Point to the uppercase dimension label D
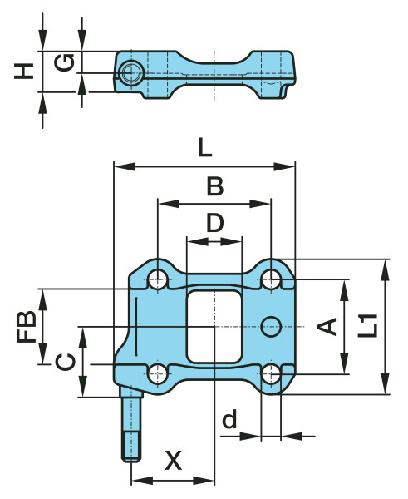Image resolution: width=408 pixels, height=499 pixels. [214, 223]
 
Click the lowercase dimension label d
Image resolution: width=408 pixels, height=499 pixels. [230, 421]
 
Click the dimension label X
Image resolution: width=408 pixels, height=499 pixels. [173, 460]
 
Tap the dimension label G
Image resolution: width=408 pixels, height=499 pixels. [64, 62]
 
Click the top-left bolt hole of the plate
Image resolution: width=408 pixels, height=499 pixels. [157, 279]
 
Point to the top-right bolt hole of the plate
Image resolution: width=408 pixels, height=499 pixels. [272, 279]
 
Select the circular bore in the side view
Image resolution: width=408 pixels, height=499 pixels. [130, 74]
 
